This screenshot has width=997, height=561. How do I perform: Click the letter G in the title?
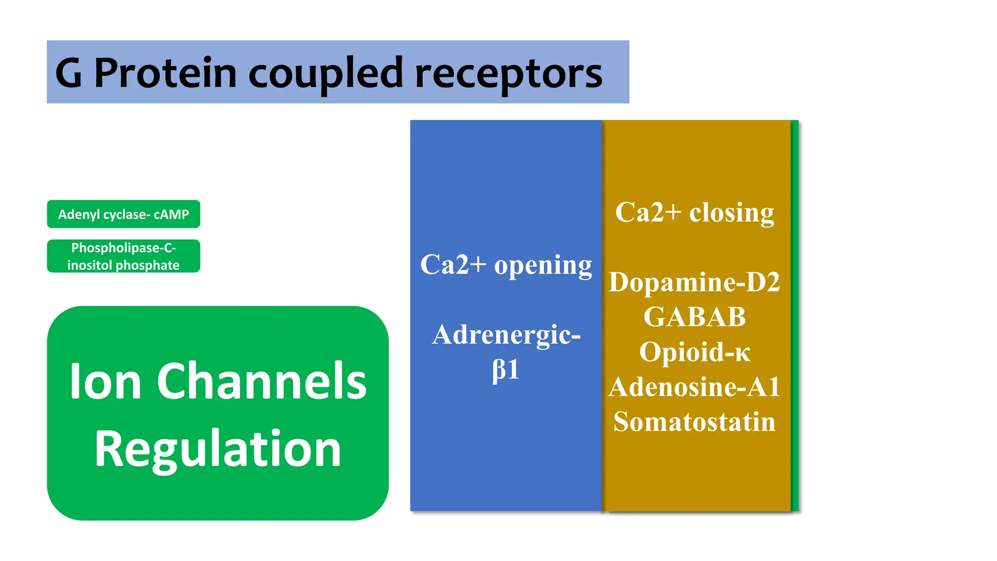[x=69, y=73]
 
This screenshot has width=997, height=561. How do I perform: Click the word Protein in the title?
[x=165, y=73]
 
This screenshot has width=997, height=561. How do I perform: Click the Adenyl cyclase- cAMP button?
[x=123, y=214]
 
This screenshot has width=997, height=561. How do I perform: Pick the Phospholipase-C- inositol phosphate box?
[x=123, y=256]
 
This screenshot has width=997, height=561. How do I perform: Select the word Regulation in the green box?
[x=218, y=449]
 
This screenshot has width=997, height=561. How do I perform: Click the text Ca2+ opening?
[x=506, y=265]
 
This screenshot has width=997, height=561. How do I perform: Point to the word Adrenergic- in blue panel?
[x=506, y=335]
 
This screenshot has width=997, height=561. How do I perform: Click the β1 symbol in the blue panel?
[x=506, y=370]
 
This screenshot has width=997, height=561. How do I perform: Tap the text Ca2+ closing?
[x=694, y=212]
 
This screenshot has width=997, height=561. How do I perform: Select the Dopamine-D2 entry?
[x=694, y=282]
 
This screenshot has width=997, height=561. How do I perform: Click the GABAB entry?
[x=694, y=317]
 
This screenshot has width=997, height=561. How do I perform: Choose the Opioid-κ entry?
[x=694, y=352]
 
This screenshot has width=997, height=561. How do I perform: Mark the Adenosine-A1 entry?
[x=694, y=387]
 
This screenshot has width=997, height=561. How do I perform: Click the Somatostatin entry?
[x=694, y=422]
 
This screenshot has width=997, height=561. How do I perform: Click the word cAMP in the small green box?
[x=171, y=214]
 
